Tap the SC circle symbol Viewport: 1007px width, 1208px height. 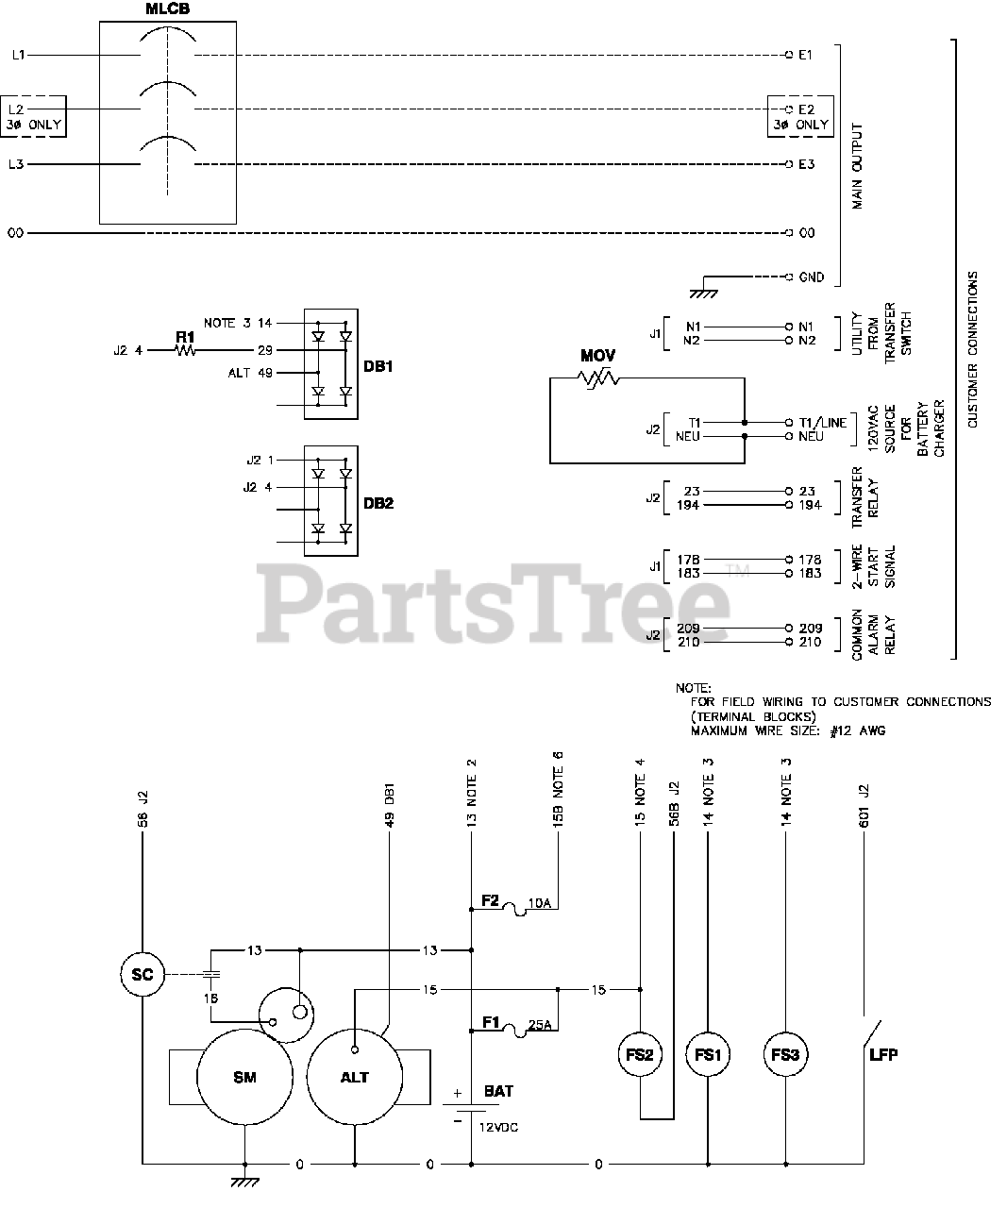143,974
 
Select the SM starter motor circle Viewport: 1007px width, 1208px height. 244,1077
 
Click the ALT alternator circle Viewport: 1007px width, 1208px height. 355,1077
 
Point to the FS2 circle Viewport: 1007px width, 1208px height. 640,1055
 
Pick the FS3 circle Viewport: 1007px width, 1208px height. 784,1055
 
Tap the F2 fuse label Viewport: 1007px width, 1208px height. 490,900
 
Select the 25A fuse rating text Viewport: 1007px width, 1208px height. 541,1024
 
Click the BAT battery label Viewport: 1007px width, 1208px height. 498,1091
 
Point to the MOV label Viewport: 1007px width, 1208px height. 598,356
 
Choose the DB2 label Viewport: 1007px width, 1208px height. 378,503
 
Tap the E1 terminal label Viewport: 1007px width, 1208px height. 805,55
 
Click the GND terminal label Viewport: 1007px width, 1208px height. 811,277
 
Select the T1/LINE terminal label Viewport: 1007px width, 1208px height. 822,423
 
